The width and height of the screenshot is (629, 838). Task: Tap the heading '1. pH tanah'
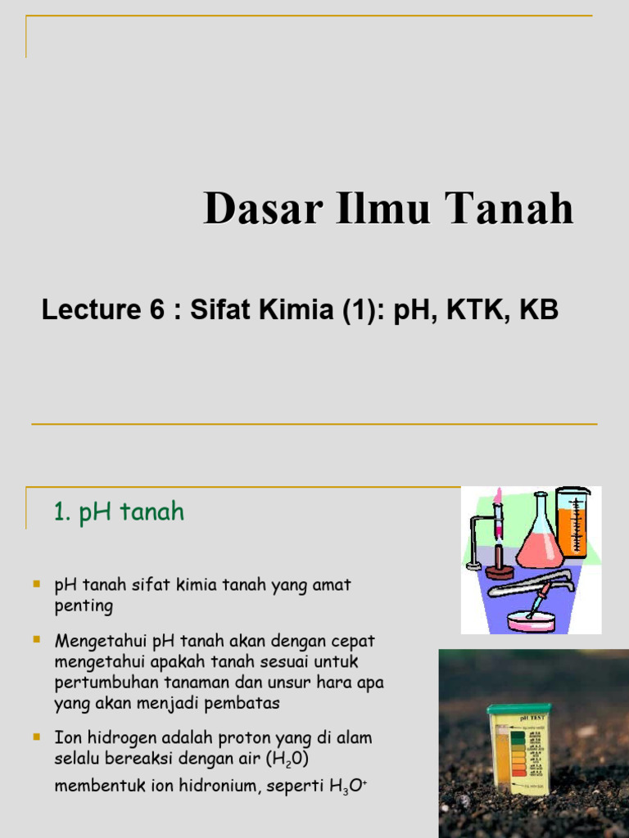pos(119,512)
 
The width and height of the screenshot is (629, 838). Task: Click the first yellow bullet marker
pos(36,584)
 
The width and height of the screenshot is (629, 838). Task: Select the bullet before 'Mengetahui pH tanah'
pos(36,638)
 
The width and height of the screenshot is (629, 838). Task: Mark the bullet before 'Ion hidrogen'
pos(36,737)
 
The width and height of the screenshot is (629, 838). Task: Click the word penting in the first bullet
pos(84,606)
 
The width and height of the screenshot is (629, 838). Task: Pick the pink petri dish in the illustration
pos(531,621)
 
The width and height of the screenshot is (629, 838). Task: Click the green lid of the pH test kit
pos(518,708)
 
